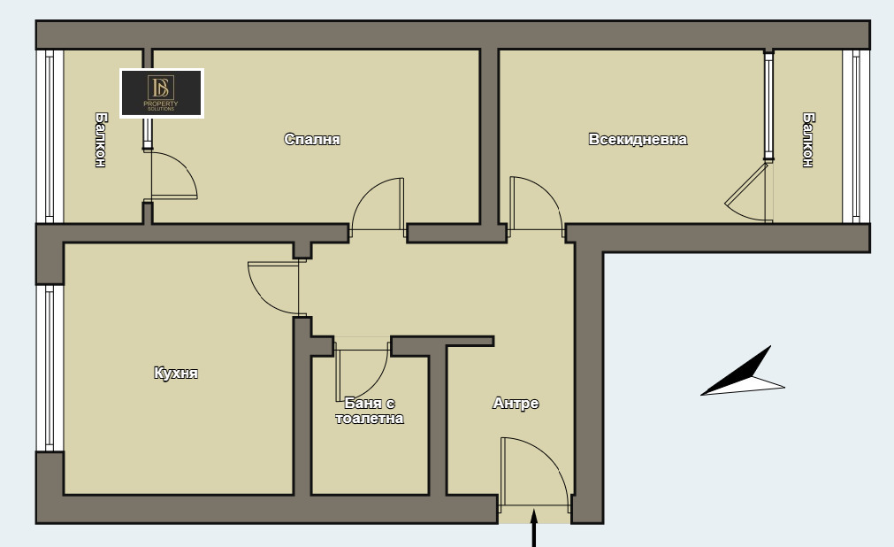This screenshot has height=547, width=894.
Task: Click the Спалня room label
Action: (x=312, y=139)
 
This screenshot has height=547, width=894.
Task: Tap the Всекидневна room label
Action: (x=638, y=139)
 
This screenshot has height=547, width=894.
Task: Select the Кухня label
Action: (x=176, y=373)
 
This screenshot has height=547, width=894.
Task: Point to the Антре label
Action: (x=516, y=403)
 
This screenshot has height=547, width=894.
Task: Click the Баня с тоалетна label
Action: (x=370, y=411)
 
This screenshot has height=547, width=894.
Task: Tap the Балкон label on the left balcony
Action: (x=100, y=140)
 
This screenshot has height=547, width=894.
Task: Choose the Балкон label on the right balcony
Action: (x=808, y=140)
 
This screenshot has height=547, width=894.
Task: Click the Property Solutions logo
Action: (x=162, y=93)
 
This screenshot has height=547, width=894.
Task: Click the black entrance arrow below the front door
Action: (x=534, y=528)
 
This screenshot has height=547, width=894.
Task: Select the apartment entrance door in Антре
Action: (x=535, y=473)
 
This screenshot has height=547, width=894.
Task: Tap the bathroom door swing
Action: (x=362, y=370)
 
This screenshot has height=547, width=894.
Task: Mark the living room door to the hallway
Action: (x=536, y=204)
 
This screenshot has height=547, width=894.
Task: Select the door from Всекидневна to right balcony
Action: (x=749, y=192)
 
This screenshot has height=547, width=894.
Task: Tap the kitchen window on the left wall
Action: (x=50, y=368)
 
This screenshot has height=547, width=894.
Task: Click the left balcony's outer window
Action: (x=50, y=136)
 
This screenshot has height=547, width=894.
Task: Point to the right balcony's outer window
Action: (x=856, y=136)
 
